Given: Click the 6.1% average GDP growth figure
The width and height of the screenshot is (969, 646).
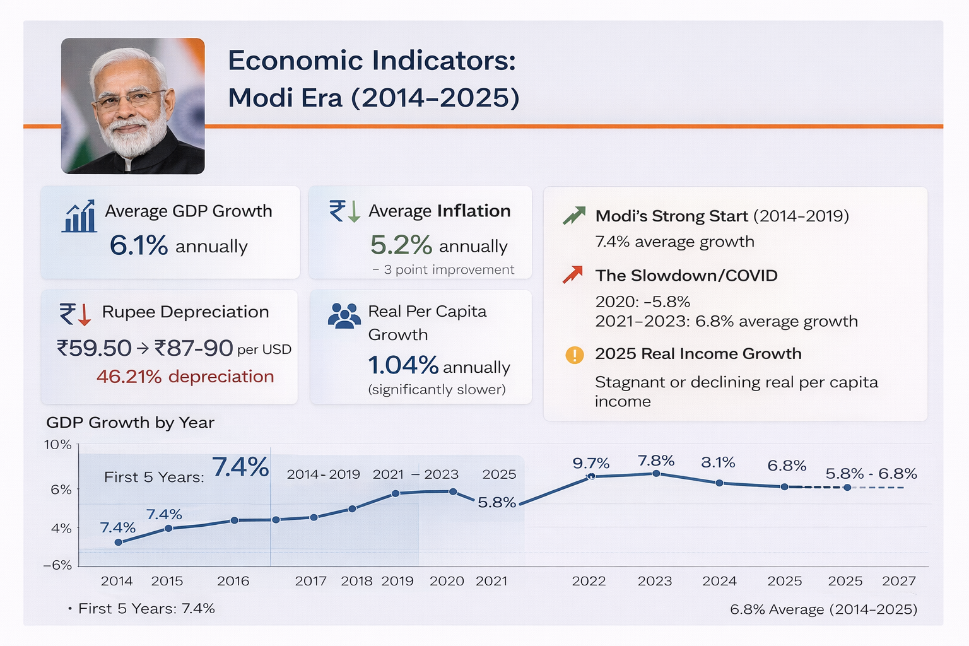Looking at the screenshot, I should tap(138, 245).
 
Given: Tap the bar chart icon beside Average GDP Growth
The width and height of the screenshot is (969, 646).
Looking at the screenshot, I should tap(79, 216).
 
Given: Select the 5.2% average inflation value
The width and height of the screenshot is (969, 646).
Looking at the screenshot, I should tap(401, 245).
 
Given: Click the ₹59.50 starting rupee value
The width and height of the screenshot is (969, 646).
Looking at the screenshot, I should tap(94, 348).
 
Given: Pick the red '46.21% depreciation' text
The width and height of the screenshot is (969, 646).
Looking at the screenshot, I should tap(185, 377).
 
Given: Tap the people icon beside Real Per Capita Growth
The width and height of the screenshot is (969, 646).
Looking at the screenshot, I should tap(344, 316).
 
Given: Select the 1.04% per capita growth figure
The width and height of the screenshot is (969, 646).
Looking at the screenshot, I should tap(402, 365).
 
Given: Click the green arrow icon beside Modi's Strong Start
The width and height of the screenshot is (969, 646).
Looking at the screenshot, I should tap(573, 216).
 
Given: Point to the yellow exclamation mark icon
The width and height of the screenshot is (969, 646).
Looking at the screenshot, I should tap(574, 355).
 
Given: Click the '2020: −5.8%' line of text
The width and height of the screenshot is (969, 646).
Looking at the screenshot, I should tap(642, 302).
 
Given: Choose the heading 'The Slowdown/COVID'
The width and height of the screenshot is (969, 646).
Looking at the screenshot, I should tap(686, 276).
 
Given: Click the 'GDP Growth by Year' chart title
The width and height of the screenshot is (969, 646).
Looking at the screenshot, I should tap(130, 423).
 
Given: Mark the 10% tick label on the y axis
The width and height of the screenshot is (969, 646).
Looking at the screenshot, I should tap(57, 445).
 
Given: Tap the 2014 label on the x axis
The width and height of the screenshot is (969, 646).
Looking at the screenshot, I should tap(117, 581).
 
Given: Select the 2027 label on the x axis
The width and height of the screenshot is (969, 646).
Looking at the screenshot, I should tap(898, 581).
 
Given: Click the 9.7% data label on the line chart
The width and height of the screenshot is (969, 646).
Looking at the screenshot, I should tap(590, 464).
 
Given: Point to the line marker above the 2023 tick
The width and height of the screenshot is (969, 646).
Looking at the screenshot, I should tap(656, 473).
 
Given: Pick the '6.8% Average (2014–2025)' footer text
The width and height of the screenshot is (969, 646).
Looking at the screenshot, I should tap(823, 609).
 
